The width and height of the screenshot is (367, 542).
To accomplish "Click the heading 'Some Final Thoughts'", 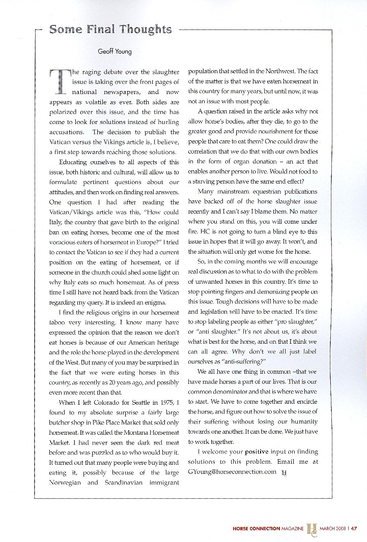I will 110,29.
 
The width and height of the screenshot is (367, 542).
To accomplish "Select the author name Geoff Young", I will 115,51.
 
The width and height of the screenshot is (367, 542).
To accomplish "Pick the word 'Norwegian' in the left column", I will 69,481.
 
